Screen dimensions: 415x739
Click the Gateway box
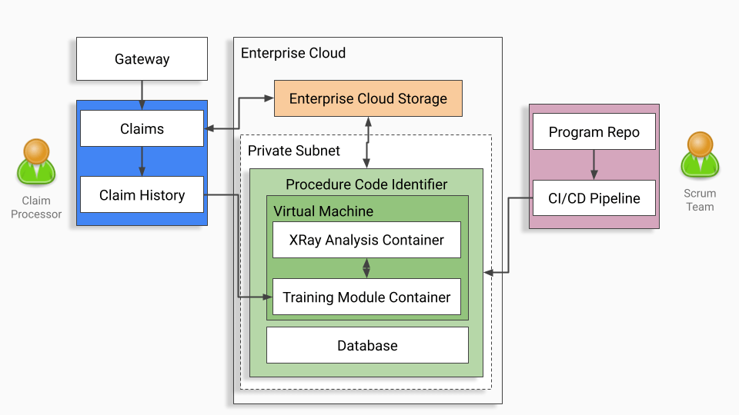point(142,59)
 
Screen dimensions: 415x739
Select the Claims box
point(142,128)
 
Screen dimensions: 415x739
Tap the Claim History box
point(142,195)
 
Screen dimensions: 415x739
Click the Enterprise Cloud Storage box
point(368,98)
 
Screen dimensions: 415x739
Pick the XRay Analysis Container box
point(366,240)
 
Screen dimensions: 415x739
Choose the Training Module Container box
point(366,297)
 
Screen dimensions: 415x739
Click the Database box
point(367,345)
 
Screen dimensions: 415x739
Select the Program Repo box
point(594,132)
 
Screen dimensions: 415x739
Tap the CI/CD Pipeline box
point(594,198)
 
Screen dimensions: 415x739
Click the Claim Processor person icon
point(36,162)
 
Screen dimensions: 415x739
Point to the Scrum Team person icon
point(700,155)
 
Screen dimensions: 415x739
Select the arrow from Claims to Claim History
point(142,161)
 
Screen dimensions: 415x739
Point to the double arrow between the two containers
point(366,268)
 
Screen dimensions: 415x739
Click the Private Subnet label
point(293,151)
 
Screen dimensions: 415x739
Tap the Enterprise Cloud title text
point(293,53)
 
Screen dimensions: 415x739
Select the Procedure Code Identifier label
point(366,184)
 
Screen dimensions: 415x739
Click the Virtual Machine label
point(323,211)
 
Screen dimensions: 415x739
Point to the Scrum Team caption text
point(700,200)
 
